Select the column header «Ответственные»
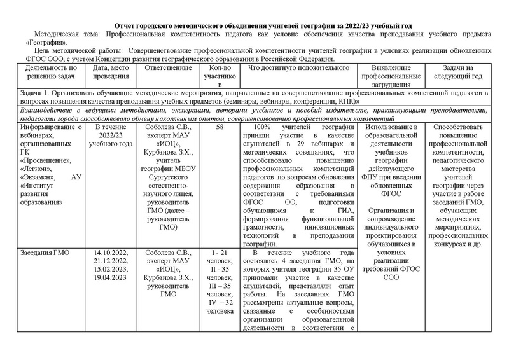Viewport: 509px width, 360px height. (x=169, y=67)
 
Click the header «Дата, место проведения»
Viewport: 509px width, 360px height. (x=111, y=72)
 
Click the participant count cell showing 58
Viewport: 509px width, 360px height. (x=220, y=127)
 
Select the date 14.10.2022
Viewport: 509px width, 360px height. (x=111, y=253)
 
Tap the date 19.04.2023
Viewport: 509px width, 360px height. (x=111, y=277)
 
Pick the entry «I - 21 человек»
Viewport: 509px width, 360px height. (x=220, y=257)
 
